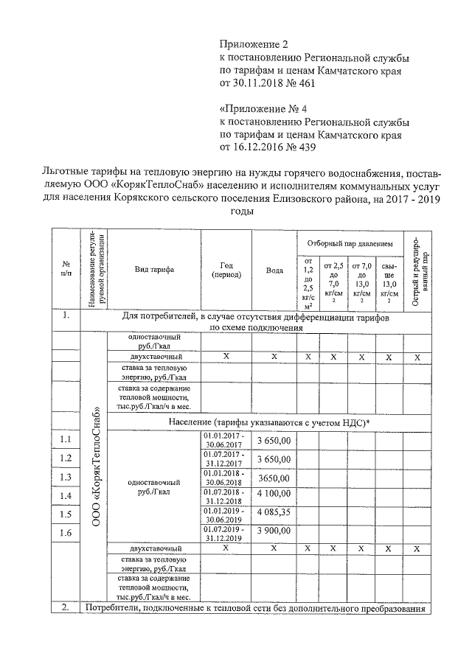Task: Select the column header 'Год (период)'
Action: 226,270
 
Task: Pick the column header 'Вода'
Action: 274,270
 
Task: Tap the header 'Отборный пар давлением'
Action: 350,242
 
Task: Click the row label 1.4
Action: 66,495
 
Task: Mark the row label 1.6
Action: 66,532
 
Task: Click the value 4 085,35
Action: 274,514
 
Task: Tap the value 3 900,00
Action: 274,532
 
